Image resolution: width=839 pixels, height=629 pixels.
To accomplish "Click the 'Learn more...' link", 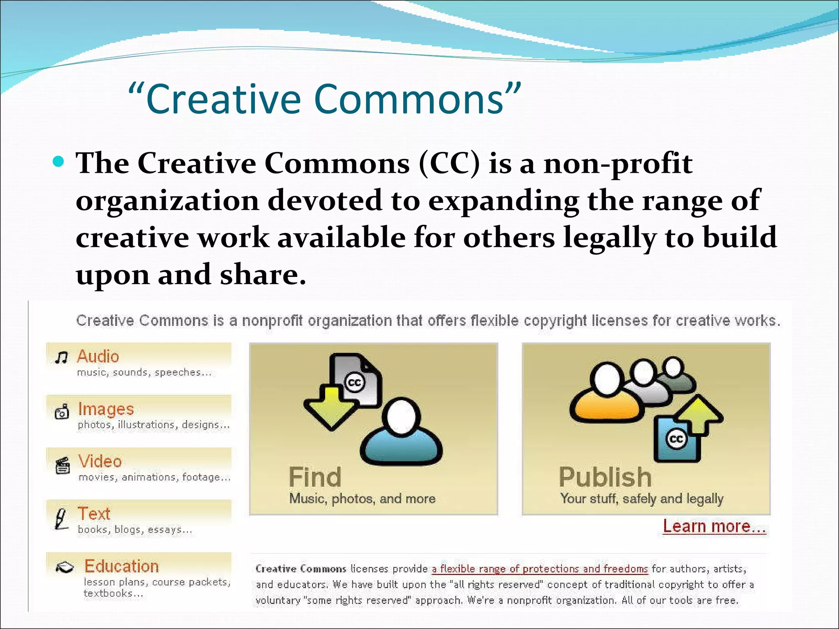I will pos(714,527).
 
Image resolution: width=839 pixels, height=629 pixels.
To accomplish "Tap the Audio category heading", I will pos(98,357).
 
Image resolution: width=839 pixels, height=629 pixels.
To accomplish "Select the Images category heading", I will pos(106,409).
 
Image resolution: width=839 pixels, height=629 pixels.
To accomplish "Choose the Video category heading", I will pos(100,462).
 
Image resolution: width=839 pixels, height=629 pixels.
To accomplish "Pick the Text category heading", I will pos(94,514).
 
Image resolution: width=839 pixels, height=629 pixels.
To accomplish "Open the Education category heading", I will pos(121,566).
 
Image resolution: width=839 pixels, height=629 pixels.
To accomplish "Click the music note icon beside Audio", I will pos(61,357).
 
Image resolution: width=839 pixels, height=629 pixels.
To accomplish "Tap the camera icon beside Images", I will pos(62,412).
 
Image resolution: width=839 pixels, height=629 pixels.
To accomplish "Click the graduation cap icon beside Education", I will pos(65,567).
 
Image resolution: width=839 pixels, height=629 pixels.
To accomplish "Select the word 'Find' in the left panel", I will pos(315,477).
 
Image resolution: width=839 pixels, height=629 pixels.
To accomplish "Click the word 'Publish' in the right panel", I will pos(605,477).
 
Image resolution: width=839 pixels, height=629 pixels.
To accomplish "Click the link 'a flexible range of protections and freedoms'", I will pos(540,569).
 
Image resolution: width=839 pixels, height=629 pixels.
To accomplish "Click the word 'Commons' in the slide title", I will pos(410,100).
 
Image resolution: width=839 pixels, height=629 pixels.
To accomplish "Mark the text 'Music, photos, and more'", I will pos(362,499).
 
